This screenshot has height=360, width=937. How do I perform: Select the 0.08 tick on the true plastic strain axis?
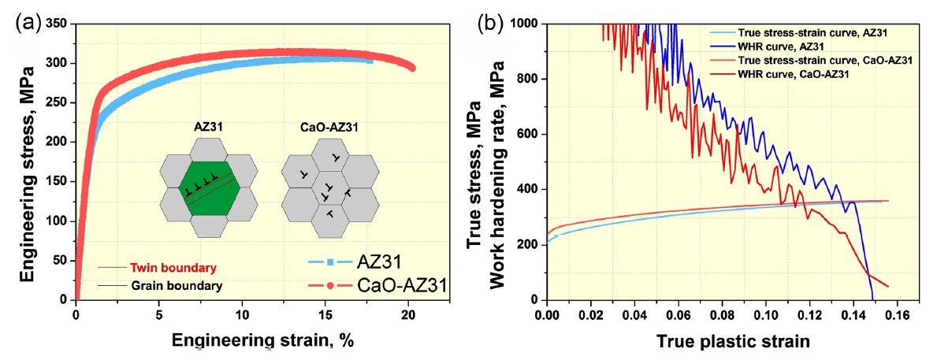pos(721,315)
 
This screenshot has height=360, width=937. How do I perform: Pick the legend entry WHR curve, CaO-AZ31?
pos(785,74)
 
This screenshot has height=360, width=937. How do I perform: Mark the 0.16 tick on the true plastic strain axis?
pos(897,315)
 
